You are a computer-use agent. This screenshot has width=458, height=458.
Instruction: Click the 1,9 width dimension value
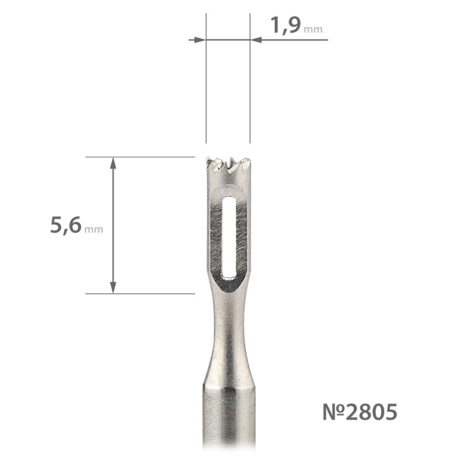[286, 25]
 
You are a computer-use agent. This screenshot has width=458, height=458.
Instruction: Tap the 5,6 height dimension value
[65, 225]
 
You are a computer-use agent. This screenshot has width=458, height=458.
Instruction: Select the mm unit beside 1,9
[313, 30]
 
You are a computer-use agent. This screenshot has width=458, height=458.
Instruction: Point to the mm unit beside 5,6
[93, 230]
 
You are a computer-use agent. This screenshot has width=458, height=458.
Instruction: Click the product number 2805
[372, 412]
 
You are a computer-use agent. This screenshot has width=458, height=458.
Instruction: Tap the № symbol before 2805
[334, 412]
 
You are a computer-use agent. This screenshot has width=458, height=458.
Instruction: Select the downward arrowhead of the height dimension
[113, 288]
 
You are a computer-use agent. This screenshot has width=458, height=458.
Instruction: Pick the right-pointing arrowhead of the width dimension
[198, 40]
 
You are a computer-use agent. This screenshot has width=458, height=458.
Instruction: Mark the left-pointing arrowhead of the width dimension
[256, 40]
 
